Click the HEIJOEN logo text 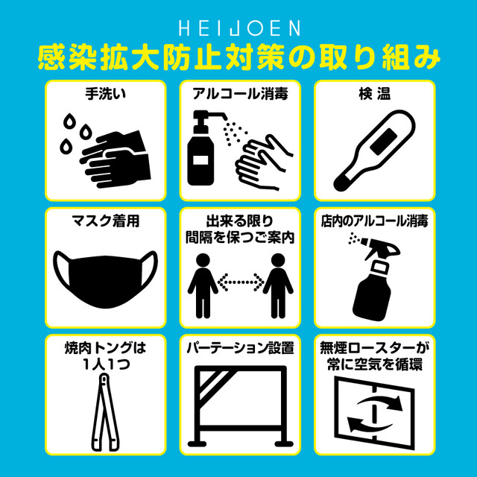(x=239, y=28)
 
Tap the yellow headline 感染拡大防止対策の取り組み (x=238, y=58)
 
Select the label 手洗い (x=105, y=94)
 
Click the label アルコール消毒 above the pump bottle (x=240, y=94)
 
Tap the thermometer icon (x=374, y=151)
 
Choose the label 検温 (x=374, y=94)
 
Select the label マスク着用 (x=105, y=221)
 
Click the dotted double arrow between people (x=240, y=281)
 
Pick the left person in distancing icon (x=203, y=286)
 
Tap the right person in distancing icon (x=278, y=286)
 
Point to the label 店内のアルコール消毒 (x=374, y=221)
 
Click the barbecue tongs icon (x=105, y=412)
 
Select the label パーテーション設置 (x=240, y=348)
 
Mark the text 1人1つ (x=105, y=364)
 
